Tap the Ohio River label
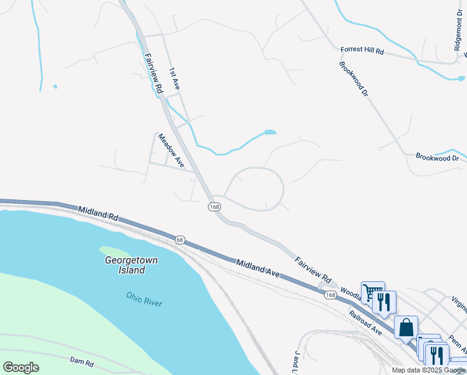click(x=144, y=299)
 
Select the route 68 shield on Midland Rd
click(x=180, y=240)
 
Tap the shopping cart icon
click(x=372, y=292)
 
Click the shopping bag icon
click(x=405, y=327)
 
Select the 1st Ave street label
click(x=174, y=79)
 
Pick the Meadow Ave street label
click(x=171, y=150)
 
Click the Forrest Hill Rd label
click(x=362, y=51)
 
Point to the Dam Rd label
click(x=81, y=362)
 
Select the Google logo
click(x=21, y=367)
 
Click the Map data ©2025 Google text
click(x=428, y=370)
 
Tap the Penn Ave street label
click(x=458, y=344)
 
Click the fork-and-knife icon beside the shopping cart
click(x=384, y=302)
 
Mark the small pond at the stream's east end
click(x=270, y=132)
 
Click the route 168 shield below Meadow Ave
click(x=214, y=207)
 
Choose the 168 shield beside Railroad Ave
click(x=330, y=295)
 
